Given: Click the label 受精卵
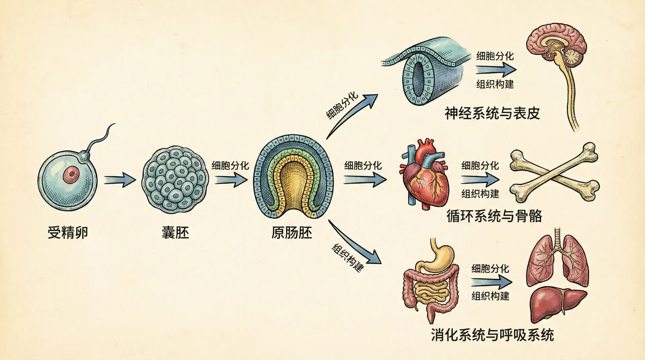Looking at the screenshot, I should [x=68, y=233].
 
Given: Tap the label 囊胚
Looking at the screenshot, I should [x=175, y=233].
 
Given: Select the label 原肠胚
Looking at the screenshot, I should [x=292, y=233].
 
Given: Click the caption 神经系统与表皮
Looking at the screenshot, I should [x=492, y=114].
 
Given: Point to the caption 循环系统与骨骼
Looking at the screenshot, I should [x=494, y=216].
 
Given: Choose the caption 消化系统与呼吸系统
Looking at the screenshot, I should [x=492, y=335].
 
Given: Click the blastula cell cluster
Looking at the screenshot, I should [x=175, y=180].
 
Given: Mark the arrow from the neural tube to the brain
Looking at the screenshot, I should [x=496, y=70].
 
